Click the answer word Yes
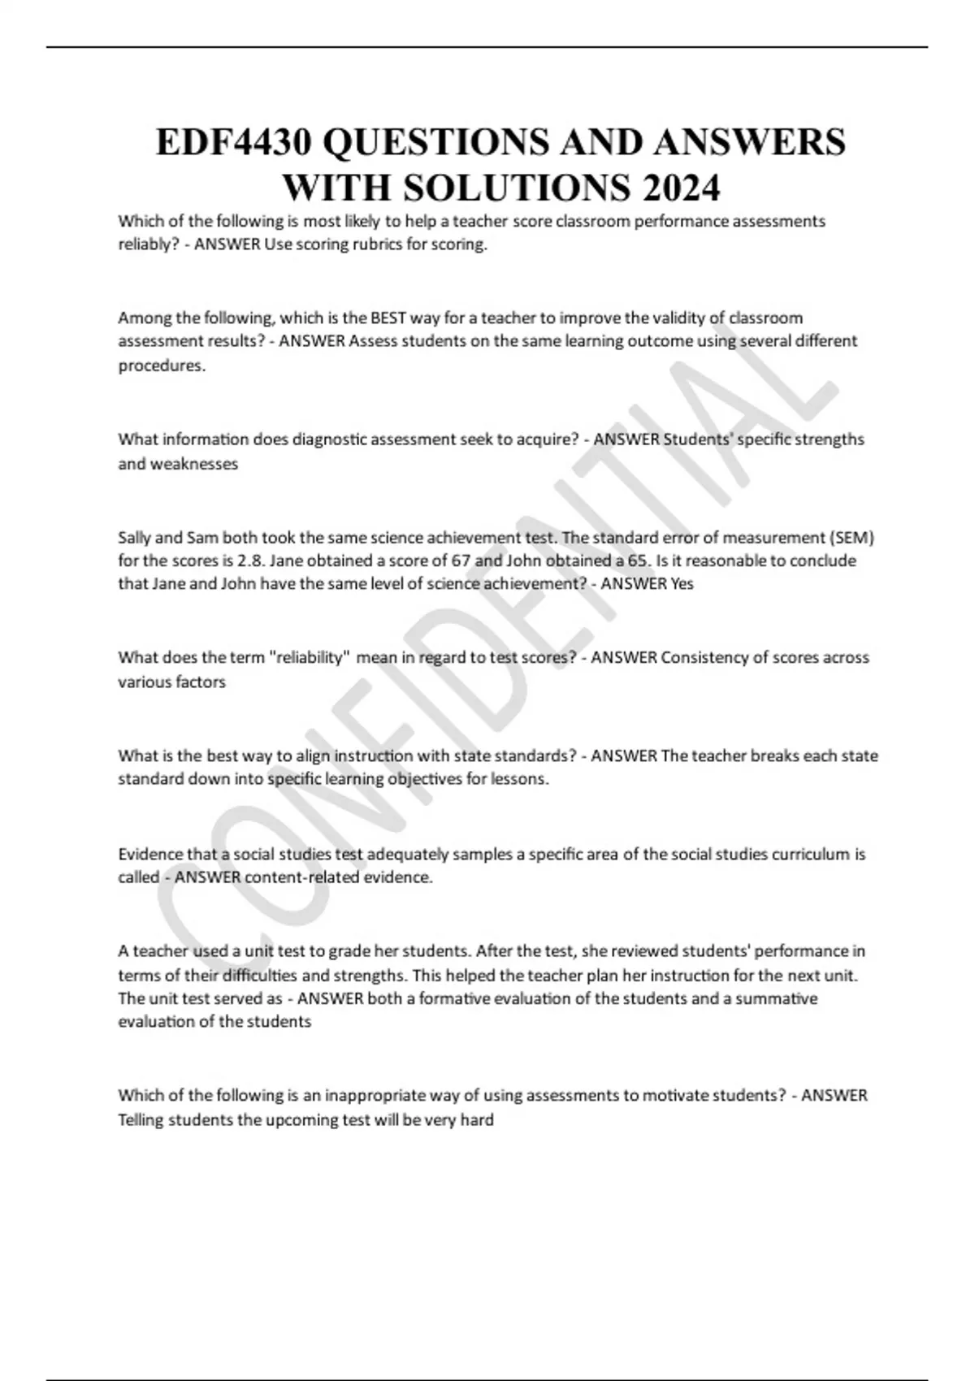[682, 584]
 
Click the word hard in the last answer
[477, 1119]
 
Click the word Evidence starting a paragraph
[150, 854]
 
